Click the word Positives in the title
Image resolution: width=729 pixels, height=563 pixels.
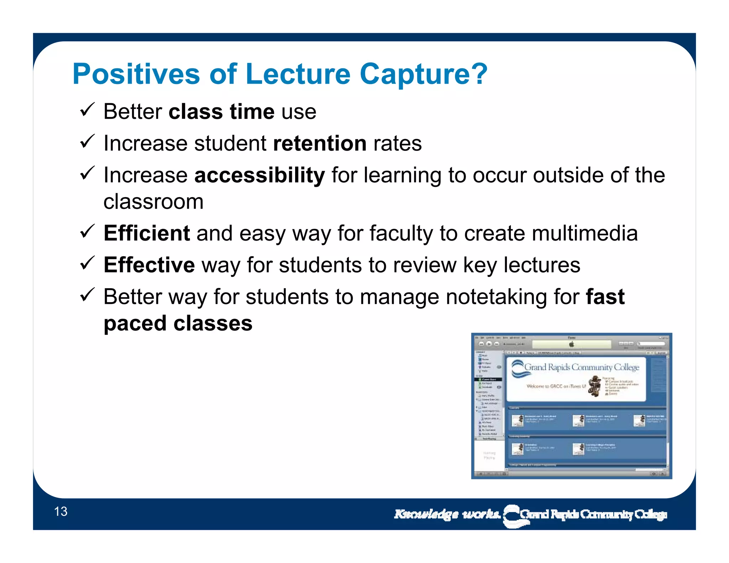136,74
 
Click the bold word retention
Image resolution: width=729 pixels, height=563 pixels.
320,143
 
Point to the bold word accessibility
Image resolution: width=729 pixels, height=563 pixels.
259,175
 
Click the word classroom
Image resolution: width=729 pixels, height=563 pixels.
153,202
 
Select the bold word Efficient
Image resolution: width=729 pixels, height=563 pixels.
147,233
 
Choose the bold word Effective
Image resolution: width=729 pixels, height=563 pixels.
149,265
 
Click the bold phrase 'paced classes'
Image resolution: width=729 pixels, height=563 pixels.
178,323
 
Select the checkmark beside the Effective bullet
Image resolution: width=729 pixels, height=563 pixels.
87,263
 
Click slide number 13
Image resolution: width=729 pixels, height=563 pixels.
61,511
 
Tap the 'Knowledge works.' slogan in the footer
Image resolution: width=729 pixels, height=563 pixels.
447,514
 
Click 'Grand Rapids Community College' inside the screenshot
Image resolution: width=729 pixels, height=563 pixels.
582,367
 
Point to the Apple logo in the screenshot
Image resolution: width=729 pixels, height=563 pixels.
572,344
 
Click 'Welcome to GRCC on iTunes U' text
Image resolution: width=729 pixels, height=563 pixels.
556,386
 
